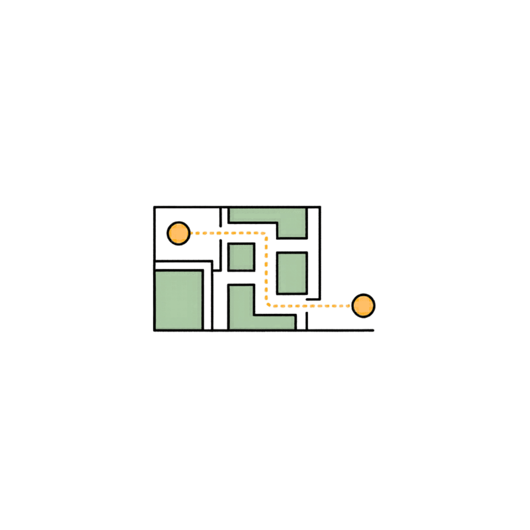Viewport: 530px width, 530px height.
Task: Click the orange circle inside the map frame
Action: [178, 233]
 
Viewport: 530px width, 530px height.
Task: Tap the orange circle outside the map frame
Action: [364, 306]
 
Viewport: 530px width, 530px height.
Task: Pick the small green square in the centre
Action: [241, 257]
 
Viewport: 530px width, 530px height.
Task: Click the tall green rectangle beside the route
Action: [292, 273]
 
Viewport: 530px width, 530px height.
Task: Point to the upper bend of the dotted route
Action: [265, 234]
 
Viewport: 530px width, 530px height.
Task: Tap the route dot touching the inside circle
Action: [192, 233]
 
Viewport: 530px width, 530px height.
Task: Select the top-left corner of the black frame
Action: [154, 207]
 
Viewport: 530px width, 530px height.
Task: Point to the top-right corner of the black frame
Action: [320, 207]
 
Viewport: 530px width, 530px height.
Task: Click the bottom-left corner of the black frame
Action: [154, 330]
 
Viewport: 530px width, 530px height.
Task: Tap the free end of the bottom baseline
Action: [373, 330]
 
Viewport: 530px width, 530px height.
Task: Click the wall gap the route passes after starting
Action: [220, 233]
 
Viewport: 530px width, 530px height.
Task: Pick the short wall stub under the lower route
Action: [307, 320]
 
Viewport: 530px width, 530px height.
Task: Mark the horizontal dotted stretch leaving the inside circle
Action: [228, 233]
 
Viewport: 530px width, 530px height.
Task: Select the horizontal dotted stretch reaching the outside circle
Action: [310, 306]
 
